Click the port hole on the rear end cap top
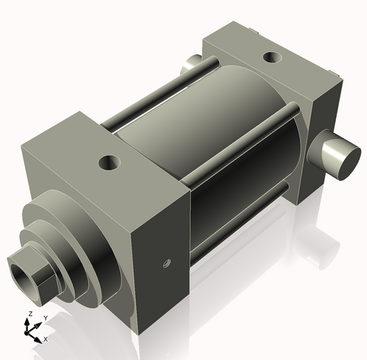click(x=271, y=57)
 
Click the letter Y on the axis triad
click(x=45, y=317)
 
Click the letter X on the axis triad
click(x=46, y=339)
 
